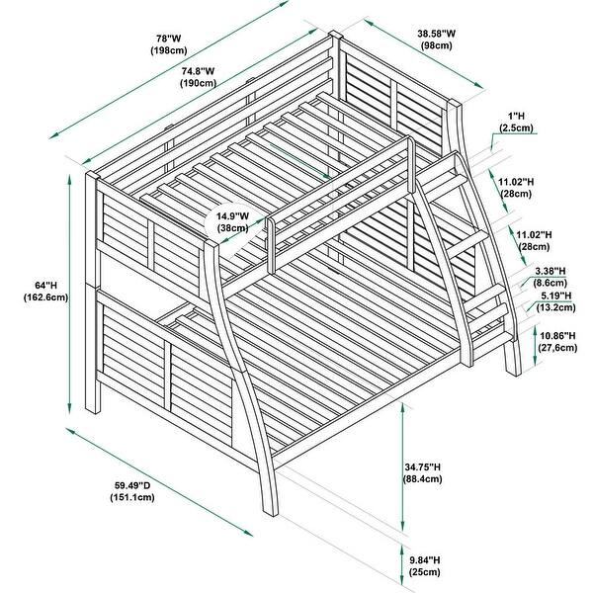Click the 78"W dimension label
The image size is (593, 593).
[169, 39]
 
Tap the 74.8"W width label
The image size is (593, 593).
[199, 71]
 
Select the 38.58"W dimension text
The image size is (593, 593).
[437, 34]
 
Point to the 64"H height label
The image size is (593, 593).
[45, 286]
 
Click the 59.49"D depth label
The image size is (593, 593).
[132, 485]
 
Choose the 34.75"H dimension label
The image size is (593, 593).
[423, 467]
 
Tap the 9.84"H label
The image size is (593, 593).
[424, 559]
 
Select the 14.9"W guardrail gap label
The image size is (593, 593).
[232, 216]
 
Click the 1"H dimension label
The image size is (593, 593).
[516, 116]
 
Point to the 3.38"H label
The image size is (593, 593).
[551, 271]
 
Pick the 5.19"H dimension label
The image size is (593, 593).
[555, 296]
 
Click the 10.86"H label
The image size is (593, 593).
[557, 335]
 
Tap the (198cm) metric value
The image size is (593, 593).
[169, 50]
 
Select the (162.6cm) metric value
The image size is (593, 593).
[45, 297]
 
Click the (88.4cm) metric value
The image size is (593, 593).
[423, 479]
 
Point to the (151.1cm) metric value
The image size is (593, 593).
[132, 497]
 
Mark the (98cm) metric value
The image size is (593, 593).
[437, 45]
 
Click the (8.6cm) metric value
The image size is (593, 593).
[551, 283]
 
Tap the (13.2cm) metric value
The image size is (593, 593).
[555, 307]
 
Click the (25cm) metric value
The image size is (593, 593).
[424, 572]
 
